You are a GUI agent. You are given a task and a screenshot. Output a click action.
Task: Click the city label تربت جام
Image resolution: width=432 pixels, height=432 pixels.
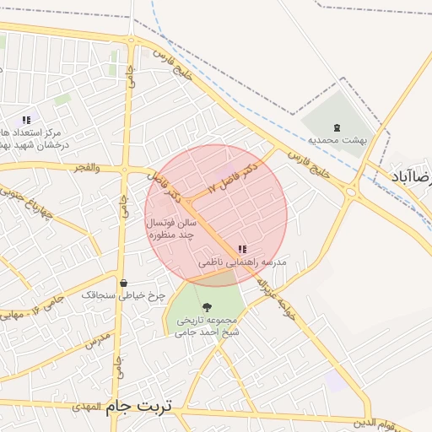pyautogui.click(x=138, y=407)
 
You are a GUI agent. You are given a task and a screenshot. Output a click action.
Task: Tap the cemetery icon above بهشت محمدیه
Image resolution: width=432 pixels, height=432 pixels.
pyautogui.click(x=337, y=127)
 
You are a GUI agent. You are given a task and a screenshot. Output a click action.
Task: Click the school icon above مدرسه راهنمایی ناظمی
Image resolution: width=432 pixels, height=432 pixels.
pyautogui.click(x=243, y=249)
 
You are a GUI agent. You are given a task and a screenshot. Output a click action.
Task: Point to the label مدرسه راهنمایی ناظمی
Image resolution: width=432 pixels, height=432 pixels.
pyautogui.click(x=243, y=262)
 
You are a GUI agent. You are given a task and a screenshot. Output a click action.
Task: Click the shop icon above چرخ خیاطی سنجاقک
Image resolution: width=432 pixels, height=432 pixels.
pyautogui.click(x=124, y=283)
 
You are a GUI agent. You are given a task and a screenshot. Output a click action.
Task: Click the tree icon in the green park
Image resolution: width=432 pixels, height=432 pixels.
pyautogui.click(x=208, y=308)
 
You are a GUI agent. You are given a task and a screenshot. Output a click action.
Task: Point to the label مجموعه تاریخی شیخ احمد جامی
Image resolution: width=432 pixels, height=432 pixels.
pyautogui.click(x=208, y=327)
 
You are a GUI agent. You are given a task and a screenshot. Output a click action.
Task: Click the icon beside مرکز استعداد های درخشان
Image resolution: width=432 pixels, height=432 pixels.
pyautogui.click(x=26, y=121)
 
